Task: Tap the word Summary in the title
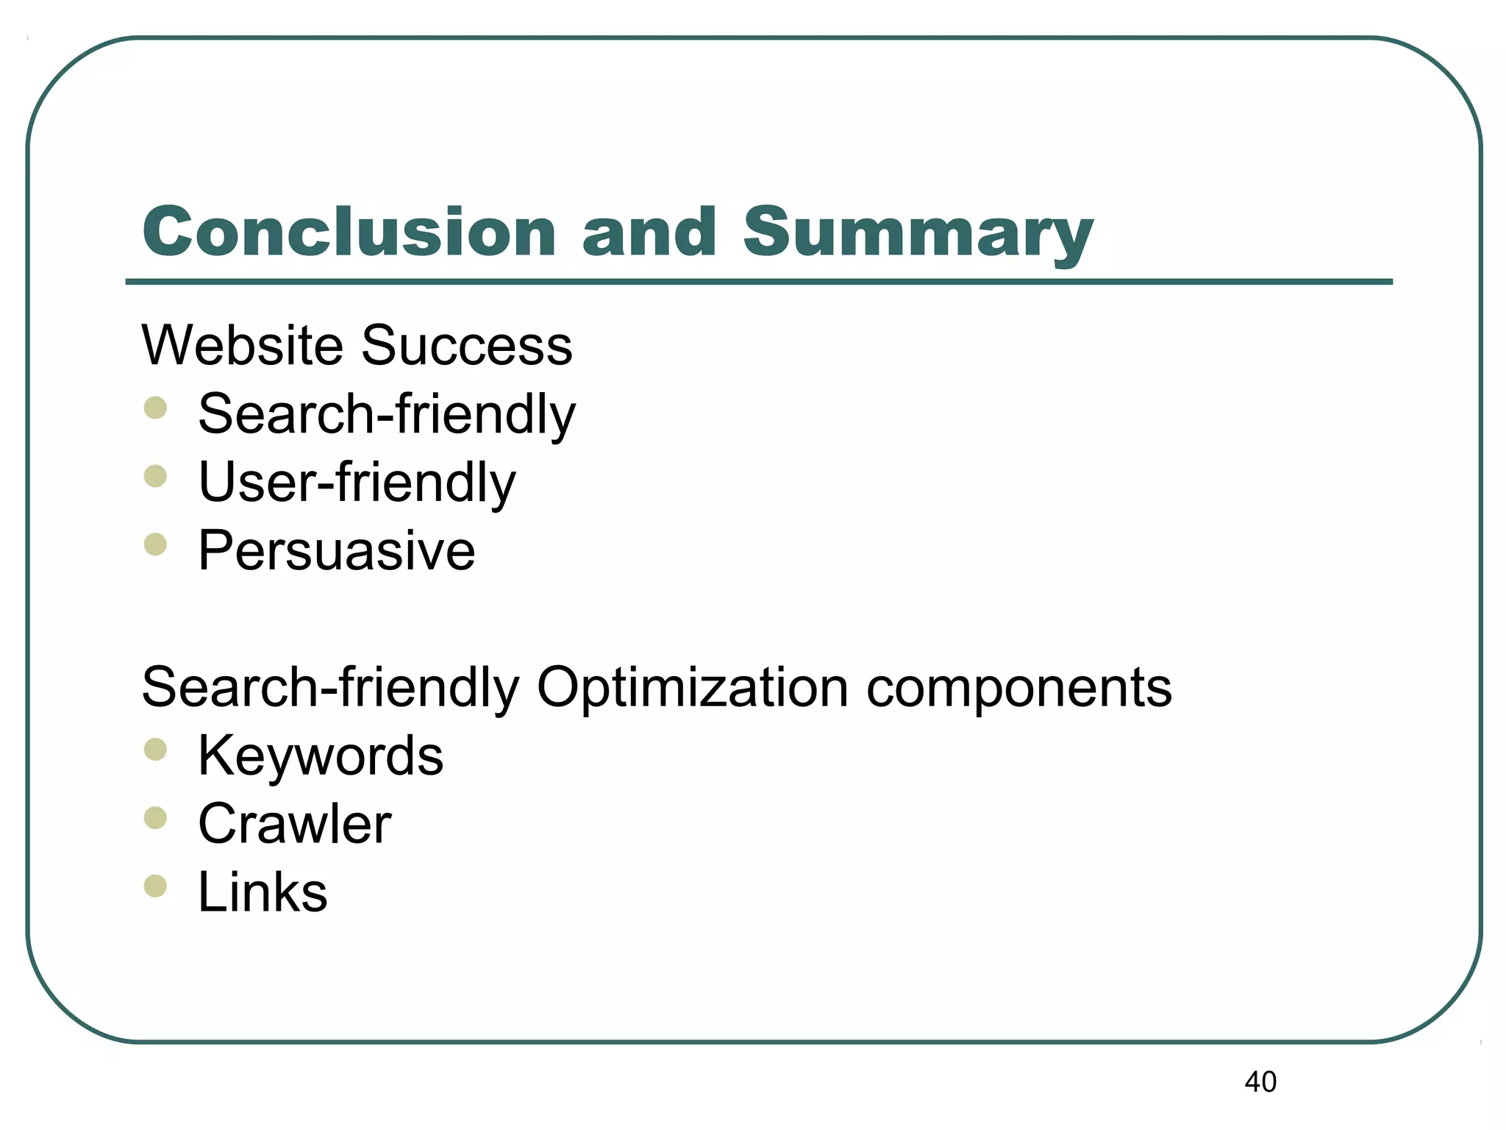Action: (x=918, y=234)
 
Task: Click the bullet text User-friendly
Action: (x=357, y=483)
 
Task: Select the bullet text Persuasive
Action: (x=337, y=550)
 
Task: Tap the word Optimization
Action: (x=693, y=688)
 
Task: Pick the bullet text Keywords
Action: (x=321, y=756)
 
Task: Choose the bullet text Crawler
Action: (x=295, y=824)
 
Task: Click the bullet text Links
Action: (x=263, y=892)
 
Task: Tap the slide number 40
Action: (x=1260, y=1082)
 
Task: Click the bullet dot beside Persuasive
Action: (x=155, y=545)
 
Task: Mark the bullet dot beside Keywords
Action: (x=155, y=750)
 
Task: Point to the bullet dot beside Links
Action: (x=155, y=886)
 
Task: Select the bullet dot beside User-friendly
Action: (x=155, y=477)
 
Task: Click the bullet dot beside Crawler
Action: (x=155, y=818)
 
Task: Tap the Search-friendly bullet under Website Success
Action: (x=387, y=414)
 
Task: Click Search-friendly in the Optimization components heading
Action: (x=330, y=688)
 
